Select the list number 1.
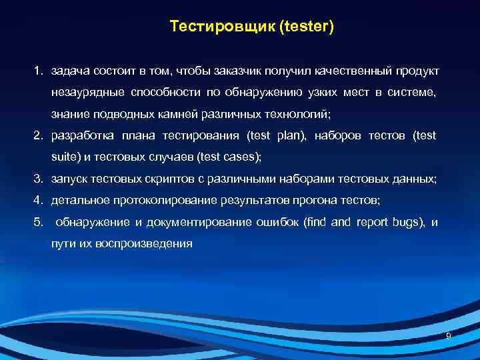coord(39,71)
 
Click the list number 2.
coord(39,136)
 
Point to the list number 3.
coord(39,179)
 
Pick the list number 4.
coord(39,201)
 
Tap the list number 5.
coord(39,222)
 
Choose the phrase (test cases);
coord(230,157)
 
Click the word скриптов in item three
coord(161,179)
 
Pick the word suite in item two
coord(63,157)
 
